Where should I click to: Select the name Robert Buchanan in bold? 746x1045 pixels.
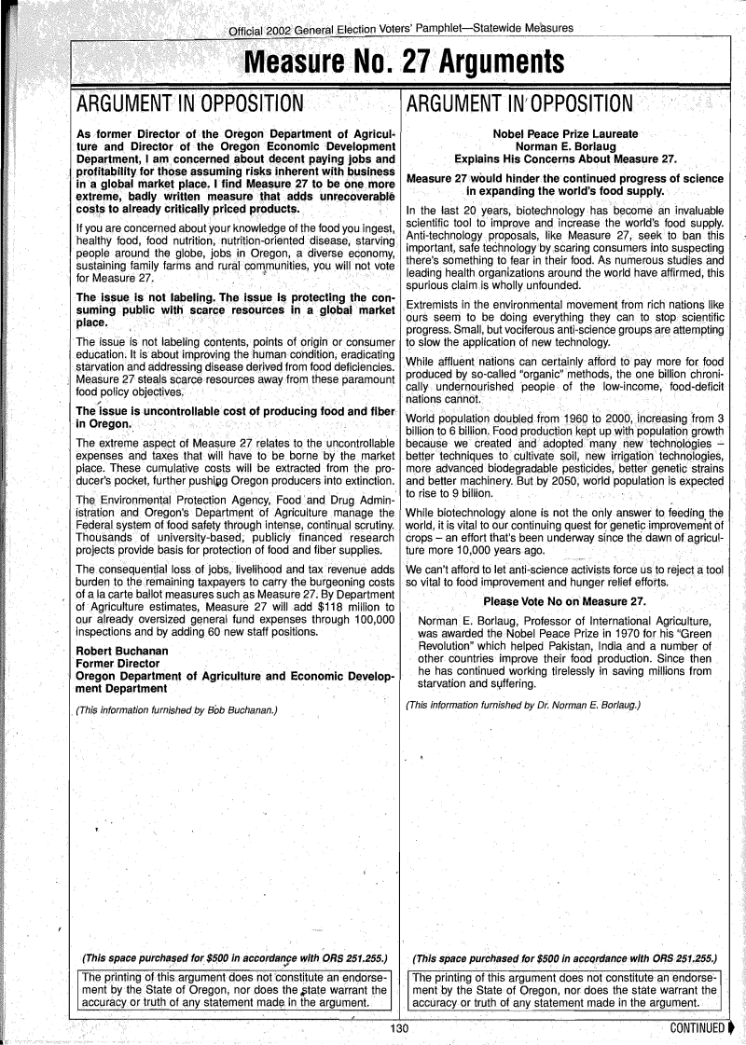(122, 650)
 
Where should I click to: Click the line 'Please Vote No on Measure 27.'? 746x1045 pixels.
(565, 600)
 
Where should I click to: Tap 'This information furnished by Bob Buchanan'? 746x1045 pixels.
(177, 711)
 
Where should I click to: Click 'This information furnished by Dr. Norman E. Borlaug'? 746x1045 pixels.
(523, 705)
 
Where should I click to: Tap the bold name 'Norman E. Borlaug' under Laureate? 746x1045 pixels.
(566, 146)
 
